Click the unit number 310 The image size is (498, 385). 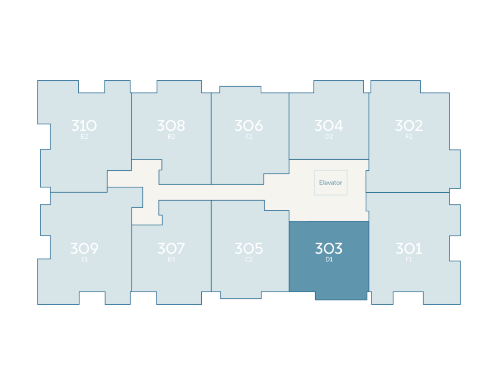tap(84, 126)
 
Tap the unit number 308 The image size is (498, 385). tap(171, 126)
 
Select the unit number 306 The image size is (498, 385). tap(249, 126)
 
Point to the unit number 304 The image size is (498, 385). tap(329, 126)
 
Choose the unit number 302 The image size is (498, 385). tap(409, 126)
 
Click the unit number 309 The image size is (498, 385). tap(84, 249)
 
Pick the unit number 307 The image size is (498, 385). tap(171, 249)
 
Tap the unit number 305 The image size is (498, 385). tap(249, 249)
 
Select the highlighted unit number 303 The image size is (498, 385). tap(329, 249)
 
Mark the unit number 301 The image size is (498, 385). tap(409, 249)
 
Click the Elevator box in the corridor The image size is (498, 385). tap(331, 183)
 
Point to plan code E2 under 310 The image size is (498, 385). tap(84, 137)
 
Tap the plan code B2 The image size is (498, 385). tap(171, 137)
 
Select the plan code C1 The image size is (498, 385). tap(249, 137)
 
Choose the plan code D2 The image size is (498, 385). tap(329, 137)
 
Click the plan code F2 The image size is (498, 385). tap(409, 137)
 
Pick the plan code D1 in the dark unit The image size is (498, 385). tap(329, 260)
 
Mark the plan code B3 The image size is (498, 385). tap(171, 260)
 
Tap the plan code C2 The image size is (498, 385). tap(249, 260)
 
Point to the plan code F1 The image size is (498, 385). tap(409, 260)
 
